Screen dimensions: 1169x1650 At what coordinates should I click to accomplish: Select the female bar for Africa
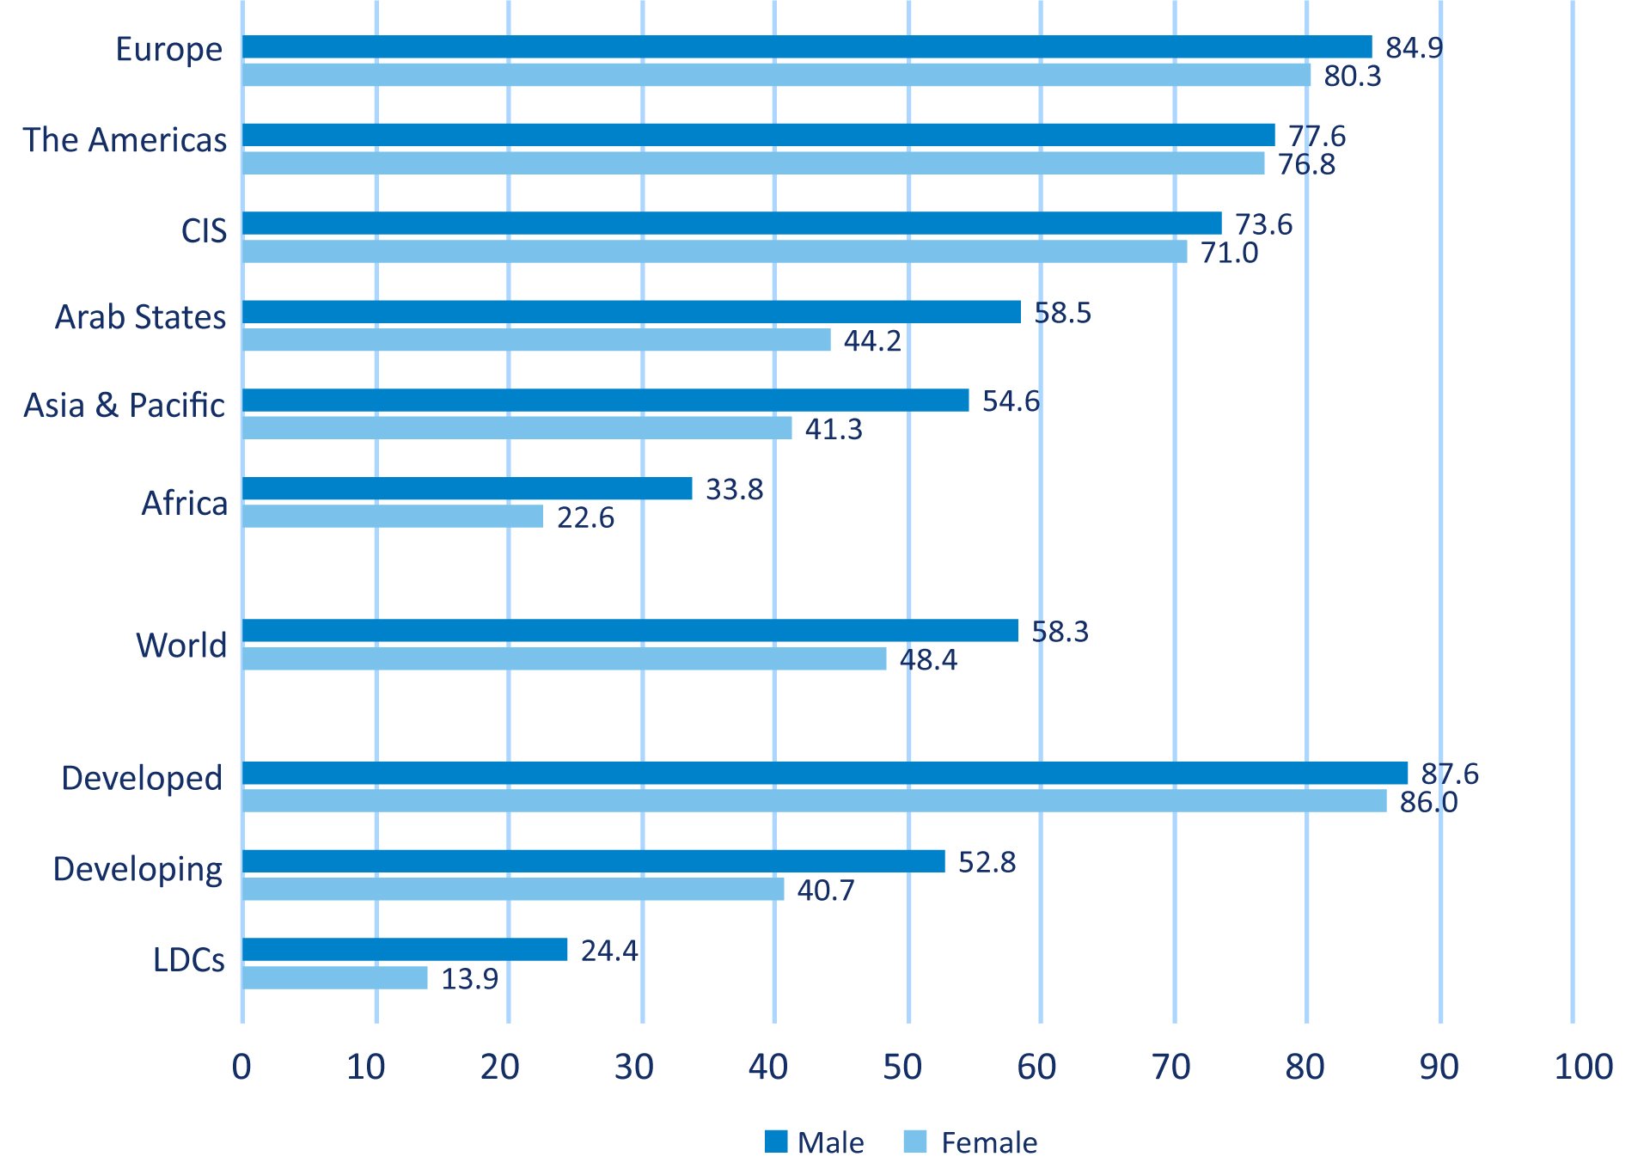coord(393,516)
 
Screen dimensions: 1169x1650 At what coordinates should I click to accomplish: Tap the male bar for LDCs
coord(405,949)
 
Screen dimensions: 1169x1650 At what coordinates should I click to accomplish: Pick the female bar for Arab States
coord(536,340)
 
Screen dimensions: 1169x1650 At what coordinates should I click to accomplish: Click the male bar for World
coord(630,630)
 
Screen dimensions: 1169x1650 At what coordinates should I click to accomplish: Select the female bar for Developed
coord(814,801)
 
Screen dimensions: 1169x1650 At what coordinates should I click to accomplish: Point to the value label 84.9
coord(1414,48)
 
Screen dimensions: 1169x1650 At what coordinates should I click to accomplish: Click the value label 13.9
coord(469,979)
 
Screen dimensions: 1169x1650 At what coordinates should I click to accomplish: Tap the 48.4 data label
coord(928,659)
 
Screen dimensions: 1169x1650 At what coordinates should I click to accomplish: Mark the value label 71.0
coord(1229,253)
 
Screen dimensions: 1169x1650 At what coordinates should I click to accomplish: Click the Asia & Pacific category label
coord(125,405)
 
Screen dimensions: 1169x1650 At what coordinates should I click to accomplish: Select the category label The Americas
coord(125,140)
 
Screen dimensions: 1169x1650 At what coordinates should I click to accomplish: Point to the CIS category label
coord(204,230)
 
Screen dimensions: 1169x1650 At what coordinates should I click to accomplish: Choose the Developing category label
coord(137,869)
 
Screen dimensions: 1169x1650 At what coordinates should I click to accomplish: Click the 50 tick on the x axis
coord(902,1067)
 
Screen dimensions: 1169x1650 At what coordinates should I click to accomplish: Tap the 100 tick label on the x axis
coord(1583,1067)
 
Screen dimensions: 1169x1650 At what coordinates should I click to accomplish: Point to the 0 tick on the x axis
coord(241,1067)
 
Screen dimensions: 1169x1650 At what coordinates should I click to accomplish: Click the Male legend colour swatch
coord(775,1141)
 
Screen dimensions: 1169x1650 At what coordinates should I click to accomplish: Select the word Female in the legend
coord(989,1142)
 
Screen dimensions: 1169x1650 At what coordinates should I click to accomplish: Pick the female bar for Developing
coord(513,889)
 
